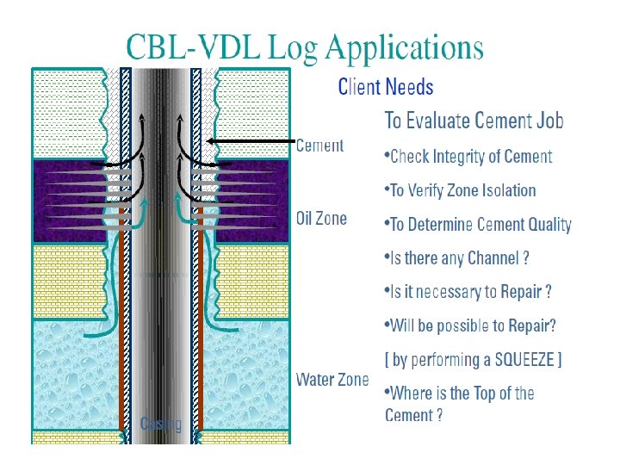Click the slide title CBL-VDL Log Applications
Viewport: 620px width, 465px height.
(x=305, y=47)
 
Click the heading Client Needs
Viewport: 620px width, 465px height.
(x=386, y=87)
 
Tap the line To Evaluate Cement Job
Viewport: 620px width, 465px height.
(x=474, y=121)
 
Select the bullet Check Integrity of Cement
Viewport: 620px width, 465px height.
(x=469, y=157)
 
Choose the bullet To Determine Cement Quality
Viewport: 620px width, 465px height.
(x=479, y=225)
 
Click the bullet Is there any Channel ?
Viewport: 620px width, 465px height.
(x=456, y=258)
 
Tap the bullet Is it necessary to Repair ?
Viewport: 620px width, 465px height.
(x=468, y=292)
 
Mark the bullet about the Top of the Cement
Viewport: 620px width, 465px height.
(x=460, y=404)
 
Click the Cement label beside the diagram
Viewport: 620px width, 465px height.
(x=319, y=146)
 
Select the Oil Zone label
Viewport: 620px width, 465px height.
(x=321, y=219)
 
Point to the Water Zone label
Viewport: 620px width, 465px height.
(x=332, y=380)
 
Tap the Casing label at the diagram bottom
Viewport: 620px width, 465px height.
(x=161, y=424)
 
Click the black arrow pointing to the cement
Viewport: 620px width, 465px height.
(x=250, y=141)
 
